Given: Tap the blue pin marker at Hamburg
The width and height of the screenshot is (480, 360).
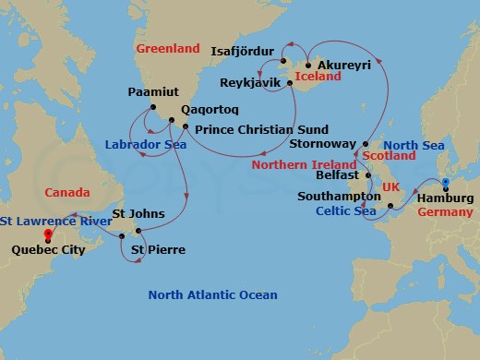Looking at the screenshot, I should (445, 184).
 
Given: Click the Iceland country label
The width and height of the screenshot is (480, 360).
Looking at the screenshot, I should (317, 77).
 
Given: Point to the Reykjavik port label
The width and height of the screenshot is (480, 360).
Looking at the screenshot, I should (252, 83).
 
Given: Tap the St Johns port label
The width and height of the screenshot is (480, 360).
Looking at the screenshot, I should (138, 214).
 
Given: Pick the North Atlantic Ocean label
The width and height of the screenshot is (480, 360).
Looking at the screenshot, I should (213, 294).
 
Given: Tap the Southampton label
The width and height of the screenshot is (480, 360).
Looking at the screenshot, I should (335, 197).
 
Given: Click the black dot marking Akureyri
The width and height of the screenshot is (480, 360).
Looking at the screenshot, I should (307, 66).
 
